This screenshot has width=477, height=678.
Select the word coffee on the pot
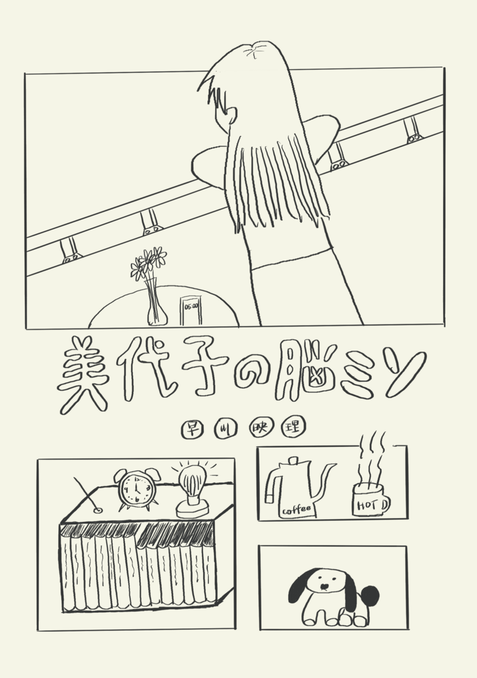pyautogui.click(x=297, y=510)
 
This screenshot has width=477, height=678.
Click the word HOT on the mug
pyautogui.click(x=367, y=505)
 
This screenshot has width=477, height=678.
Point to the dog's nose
pyautogui.click(x=324, y=587)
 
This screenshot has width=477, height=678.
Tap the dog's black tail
pyautogui.click(x=370, y=596)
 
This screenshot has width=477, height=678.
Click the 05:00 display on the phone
pyautogui.click(x=191, y=306)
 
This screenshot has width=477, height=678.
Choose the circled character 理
pyautogui.click(x=293, y=428)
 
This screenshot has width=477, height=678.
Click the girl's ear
pyautogui.click(x=231, y=115)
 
